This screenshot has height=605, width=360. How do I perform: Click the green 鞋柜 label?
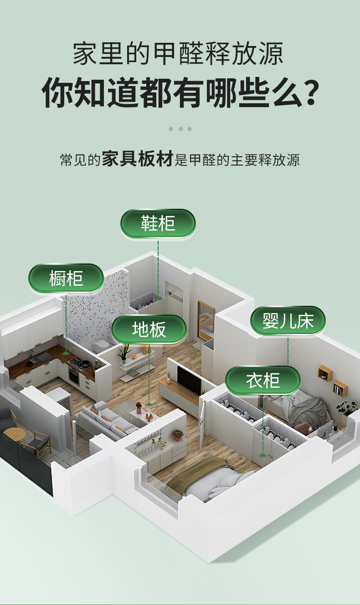pyautogui.click(x=158, y=223)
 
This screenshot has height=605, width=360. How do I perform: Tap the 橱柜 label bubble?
pyautogui.click(x=66, y=278)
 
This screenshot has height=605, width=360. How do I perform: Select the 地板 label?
pyautogui.click(x=149, y=329)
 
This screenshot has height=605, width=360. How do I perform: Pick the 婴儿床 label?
pyautogui.click(x=288, y=321)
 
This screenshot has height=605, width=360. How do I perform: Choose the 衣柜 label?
pyautogui.click(x=263, y=380)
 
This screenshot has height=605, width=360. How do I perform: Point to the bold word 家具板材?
pyautogui.click(x=137, y=160)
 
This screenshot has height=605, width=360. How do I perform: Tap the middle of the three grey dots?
pyautogui.click(x=180, y=128)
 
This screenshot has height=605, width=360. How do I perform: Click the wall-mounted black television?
pyautogui.click(x=189, y=379)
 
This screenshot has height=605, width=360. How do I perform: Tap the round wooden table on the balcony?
pyautogui.click(x=12, y=433)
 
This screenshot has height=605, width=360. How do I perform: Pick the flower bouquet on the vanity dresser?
pyautogui.click(x=178, y=435)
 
